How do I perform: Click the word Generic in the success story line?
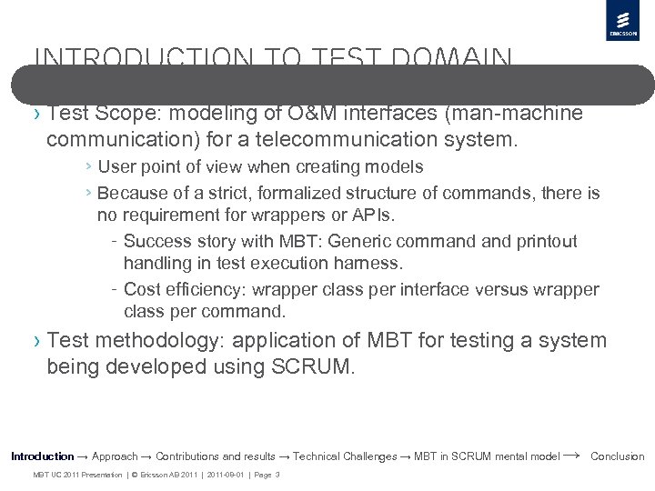(x=356, y=241)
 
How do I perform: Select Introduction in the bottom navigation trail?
(x=42, y=456)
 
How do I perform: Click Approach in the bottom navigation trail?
(x=115, y=456)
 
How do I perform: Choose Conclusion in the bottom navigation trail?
(x=617, y=456)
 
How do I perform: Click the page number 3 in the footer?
(x=277, y=475)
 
